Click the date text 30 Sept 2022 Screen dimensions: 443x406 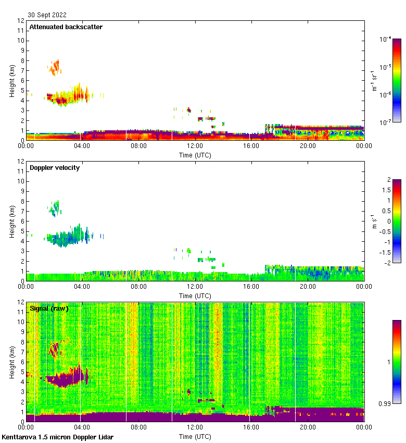[47, 15]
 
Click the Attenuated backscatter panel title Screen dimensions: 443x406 [66, 27]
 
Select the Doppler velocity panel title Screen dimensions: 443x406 [55, 168]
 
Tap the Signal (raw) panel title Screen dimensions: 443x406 [49, 309]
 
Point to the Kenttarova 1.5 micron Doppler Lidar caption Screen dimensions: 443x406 [57, 437]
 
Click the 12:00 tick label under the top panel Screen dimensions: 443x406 [195, 146]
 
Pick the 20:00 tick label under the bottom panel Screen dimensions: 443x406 [308, 428]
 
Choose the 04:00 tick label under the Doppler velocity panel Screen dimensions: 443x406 [82, 287]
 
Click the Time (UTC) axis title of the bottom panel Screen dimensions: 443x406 [195, 436]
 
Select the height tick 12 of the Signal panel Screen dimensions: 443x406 [21, 302]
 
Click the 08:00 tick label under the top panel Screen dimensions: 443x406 [138, 146]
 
